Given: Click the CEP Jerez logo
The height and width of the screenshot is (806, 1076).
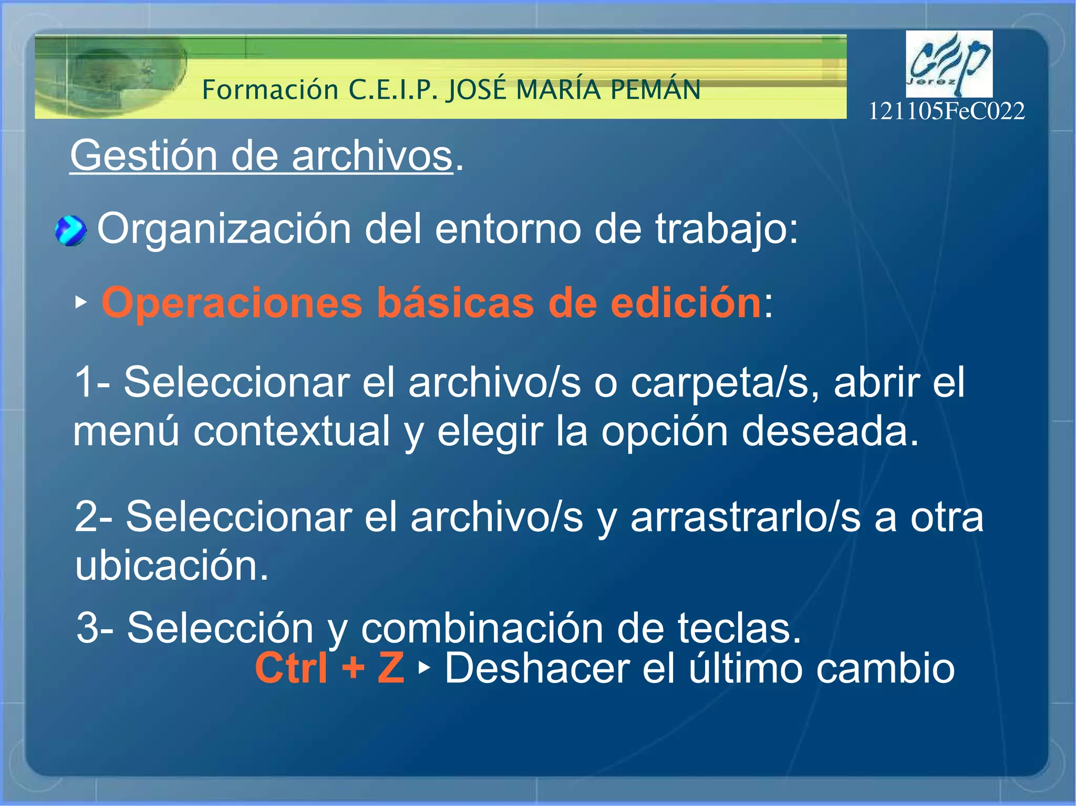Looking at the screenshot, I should click(x=949, y=64).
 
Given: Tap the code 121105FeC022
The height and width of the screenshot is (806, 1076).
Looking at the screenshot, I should click(x=946, y=111).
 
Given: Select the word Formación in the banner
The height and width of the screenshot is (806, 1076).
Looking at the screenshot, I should click(x=270, y=90).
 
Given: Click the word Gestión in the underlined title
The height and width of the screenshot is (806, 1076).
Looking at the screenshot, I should click(x=143, y=156).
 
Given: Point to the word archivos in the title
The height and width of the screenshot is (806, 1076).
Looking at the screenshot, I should click(x=371, y=156).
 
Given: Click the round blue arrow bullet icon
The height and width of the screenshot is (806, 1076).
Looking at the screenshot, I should click(x=70, y=231).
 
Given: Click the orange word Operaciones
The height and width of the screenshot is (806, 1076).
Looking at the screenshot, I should click(x=232, y=303).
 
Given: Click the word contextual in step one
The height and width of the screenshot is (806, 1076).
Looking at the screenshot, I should click(x=292, y=431).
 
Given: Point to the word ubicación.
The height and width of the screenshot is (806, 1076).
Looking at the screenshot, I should click(x=171, y=566).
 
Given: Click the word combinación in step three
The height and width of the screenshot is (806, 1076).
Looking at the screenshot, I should click(x=482, y=628).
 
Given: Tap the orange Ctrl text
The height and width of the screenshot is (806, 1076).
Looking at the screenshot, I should click(x=292, y=668).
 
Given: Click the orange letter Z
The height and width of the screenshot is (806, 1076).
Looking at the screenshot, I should click(x=391, y=668).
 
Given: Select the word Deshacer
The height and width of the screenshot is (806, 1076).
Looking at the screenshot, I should click(x=537, y=668).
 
